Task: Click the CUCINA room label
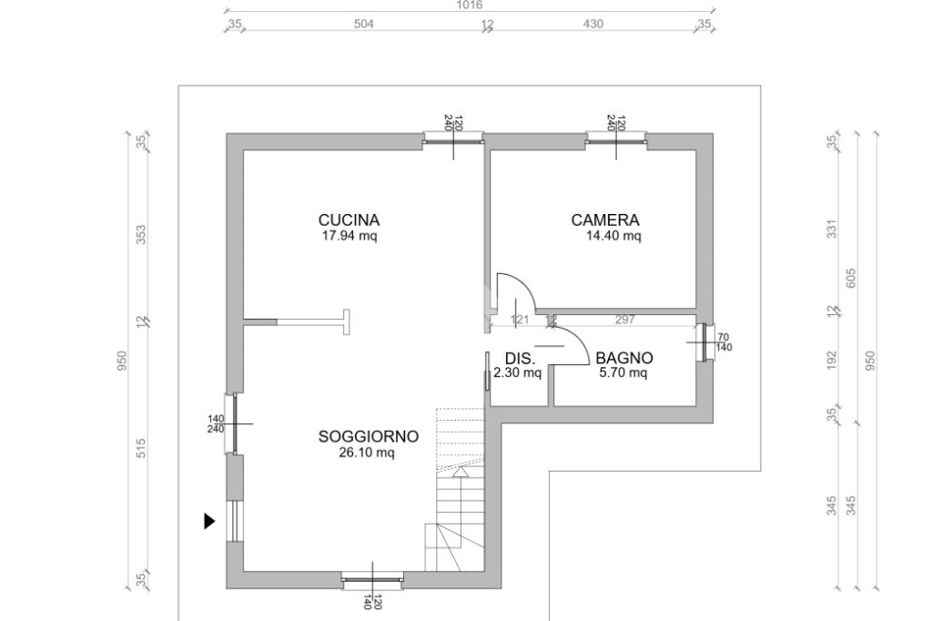coord(349,220)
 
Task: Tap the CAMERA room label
coord(605,220)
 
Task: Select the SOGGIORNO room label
coord(369,436)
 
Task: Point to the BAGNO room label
coord(624,358)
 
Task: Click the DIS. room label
coord(520,359)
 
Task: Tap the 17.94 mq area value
coord(349,236)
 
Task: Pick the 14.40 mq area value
coord(613,236)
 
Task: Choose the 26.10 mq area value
coord(367,453)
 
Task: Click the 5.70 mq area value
coord(623,373)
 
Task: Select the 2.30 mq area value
coord(517,373)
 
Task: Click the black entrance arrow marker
coord(209,521)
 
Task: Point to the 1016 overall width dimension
coord(470,5)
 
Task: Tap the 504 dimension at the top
coord(364,24)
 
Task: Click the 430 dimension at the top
coord(593,24)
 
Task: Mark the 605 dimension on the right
coord(851,279)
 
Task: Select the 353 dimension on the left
coord(141,234)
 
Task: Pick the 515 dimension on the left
coord(141,449)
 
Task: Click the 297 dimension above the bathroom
coord(624,320)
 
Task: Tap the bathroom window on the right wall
coord(705,342)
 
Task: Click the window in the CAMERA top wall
coord(616,138)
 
